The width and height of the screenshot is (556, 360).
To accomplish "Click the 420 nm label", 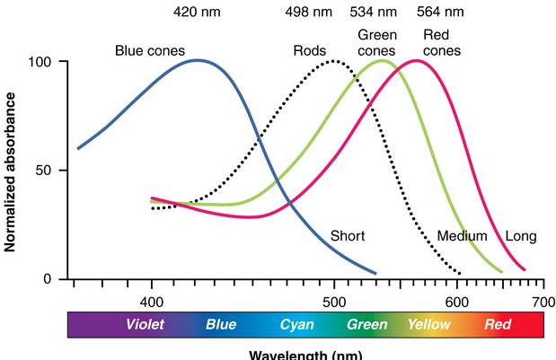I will [197, 14].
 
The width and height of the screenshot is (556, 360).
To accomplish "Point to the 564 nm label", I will [441, 14].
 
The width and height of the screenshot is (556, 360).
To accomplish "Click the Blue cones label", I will [150, 51].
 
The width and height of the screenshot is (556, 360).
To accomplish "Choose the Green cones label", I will [377, 44].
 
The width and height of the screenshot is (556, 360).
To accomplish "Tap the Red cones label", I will [441, 44].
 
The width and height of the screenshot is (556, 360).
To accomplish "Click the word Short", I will [348, 236].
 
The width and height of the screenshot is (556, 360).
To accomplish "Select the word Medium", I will [462, 236].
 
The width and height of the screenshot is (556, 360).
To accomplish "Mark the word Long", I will [521, 236].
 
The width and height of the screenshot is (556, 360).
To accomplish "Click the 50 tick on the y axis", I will [50, 171].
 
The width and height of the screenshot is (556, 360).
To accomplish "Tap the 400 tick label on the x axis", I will [151, 298].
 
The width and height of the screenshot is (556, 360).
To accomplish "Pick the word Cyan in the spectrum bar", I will [297, 325].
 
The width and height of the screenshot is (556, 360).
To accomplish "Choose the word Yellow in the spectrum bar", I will [428, 325].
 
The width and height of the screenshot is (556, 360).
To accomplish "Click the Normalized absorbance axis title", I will [11, 170].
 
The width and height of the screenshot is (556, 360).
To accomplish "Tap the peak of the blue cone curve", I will [198, 61].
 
